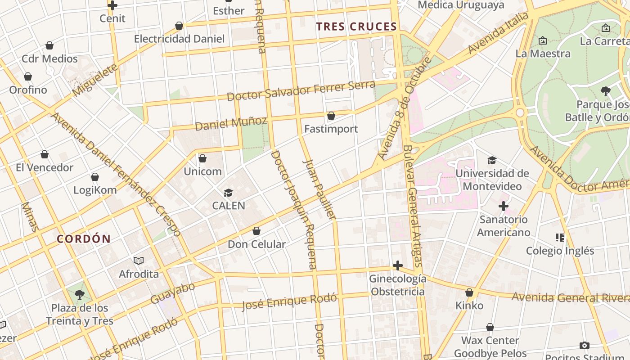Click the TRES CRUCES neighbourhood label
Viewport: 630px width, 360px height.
[x=356, y=27]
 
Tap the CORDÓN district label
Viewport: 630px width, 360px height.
[x=84, y=239]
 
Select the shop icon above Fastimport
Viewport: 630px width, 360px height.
[x=331, y=116]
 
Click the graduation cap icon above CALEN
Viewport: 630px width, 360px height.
[x=229, y=193]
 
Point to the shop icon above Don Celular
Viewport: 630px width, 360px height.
[x=256, y=231]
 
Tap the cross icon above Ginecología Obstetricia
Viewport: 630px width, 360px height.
[x=397, y=265]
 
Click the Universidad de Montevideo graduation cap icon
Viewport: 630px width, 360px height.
[x=492, y=160]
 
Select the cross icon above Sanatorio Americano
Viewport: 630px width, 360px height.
[x=504, y=206]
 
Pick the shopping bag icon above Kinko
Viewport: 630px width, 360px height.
[x=469, y=292]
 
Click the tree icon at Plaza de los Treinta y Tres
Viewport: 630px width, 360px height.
[x=80, y=295]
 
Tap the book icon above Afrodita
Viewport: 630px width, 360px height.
[x=139, y=261]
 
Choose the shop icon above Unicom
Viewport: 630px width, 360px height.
[x=202, y=158]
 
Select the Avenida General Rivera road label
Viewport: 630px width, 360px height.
[x=570, y=297]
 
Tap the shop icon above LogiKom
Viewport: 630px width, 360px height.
[x=95, y=177]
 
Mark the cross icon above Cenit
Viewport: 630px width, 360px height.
[x=112, y=5]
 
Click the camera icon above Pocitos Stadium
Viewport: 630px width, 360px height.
[x=585, y=345]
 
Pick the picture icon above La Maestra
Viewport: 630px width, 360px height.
[x=543, y=40]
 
